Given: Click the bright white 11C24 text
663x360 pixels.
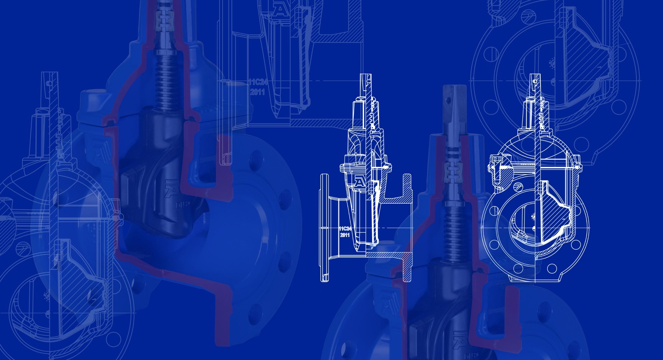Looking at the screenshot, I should (345, 228).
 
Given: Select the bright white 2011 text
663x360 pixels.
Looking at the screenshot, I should (345, 235).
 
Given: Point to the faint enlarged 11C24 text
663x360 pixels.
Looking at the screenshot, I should (258, 82).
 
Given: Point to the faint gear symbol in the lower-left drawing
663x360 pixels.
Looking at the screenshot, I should (47, 295).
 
